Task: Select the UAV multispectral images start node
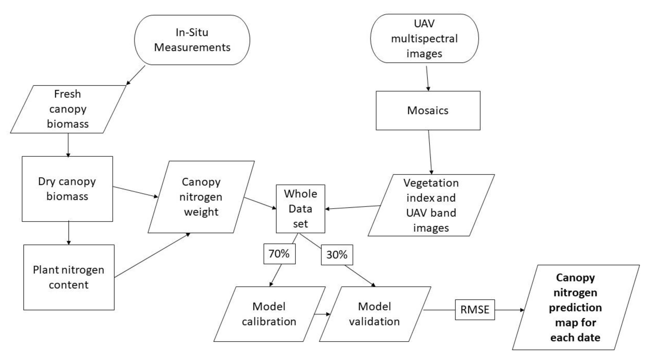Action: tap(424, 38)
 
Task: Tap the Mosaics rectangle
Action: tap(428, 110)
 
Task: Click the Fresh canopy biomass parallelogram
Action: tap(68, 109)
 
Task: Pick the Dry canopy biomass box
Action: tap(67, 189)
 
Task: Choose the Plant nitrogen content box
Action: tap(69, 277)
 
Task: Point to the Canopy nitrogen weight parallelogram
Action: tap(201, 197)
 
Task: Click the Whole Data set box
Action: tap(300, 209)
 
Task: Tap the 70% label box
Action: tap(279, 254)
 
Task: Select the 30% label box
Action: tap(337, 255)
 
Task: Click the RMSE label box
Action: tap(475, 310)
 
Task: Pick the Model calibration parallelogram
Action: tap(269, 314)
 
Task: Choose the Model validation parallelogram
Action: tap(374, 314)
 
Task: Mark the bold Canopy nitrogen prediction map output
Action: tap(575, 307)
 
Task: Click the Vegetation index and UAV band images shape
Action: tap(431, 205)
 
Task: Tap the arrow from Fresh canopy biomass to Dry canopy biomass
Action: tap(68, 145)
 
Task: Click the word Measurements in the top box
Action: tap(192, 47)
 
